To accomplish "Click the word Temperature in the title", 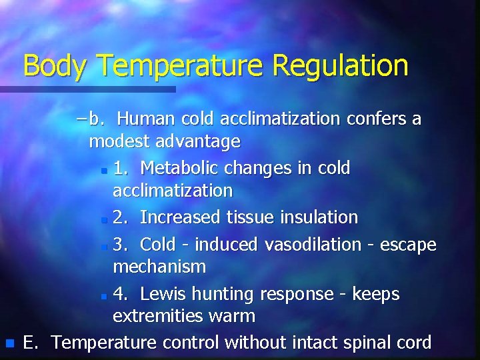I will point(181,66).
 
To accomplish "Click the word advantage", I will point(199,141).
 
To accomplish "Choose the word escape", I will point(408,245).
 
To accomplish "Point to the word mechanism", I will point(159,267).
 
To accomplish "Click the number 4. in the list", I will point(121,294).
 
